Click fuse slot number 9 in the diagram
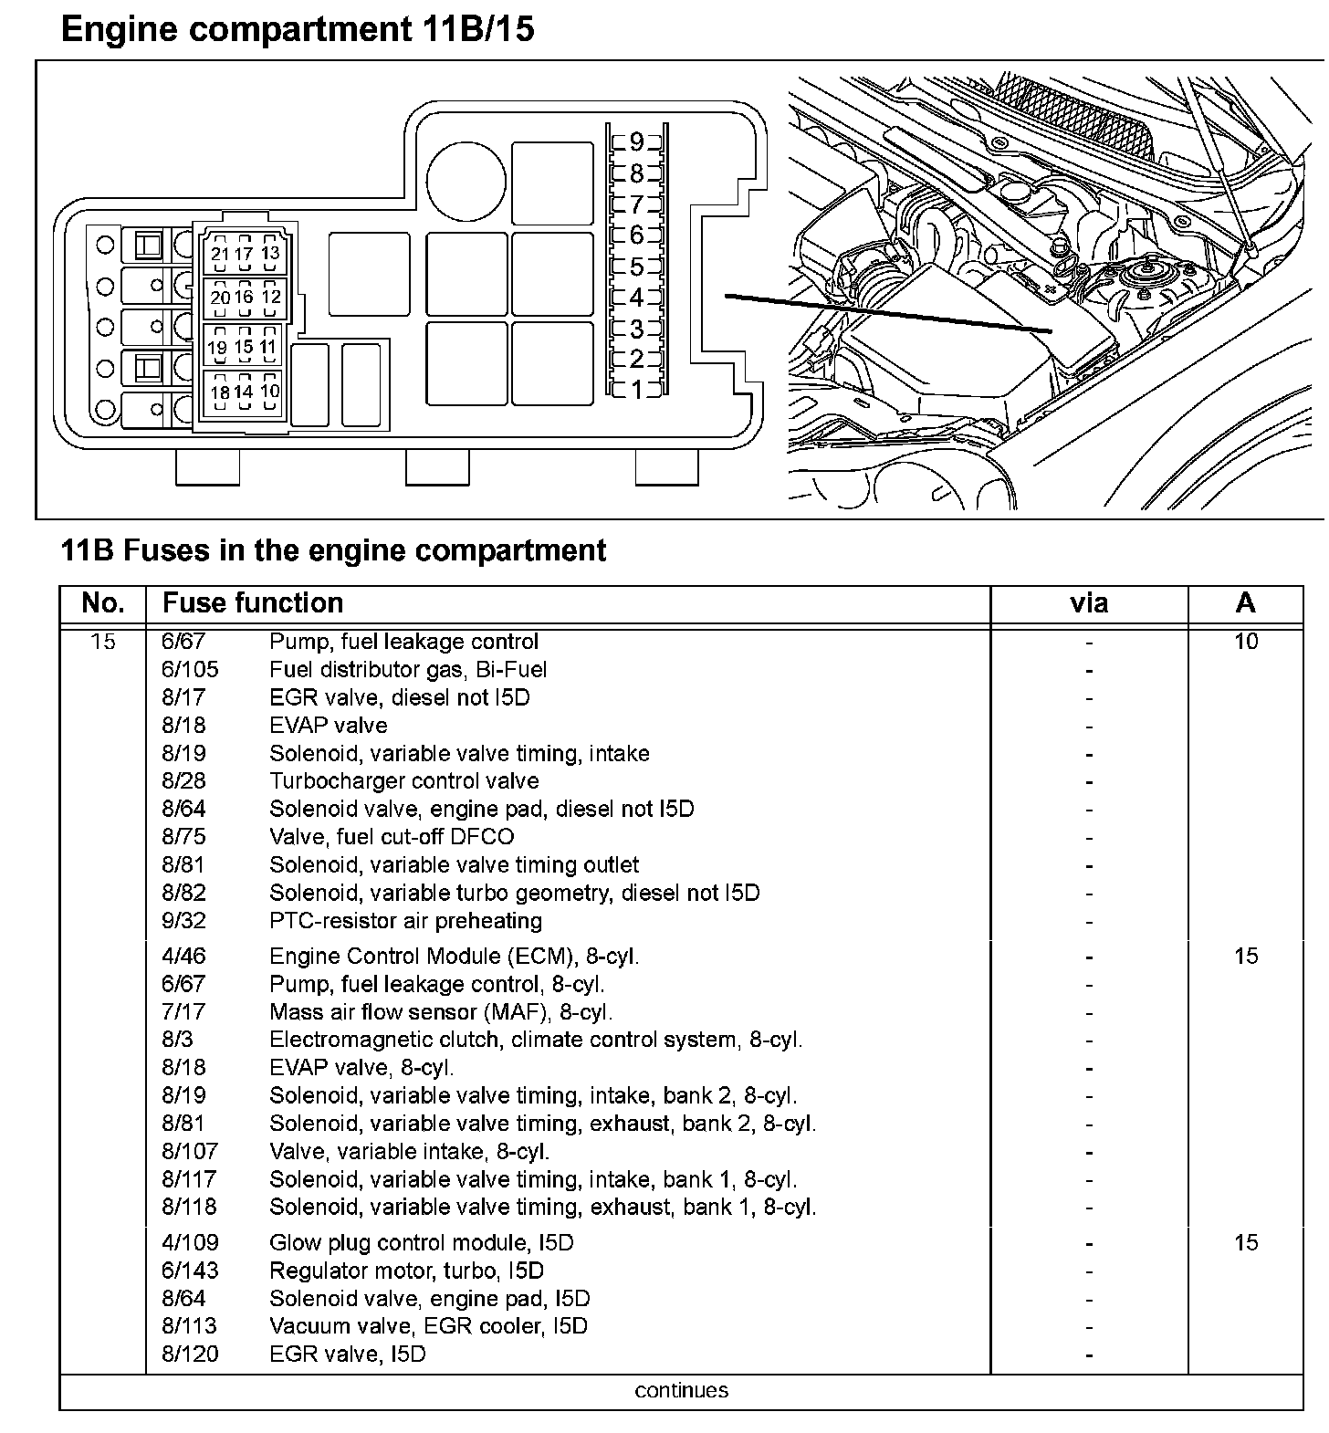coord(636,141)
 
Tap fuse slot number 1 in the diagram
coord(636,390)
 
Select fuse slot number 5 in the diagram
coord(636,267)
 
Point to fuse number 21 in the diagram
coord(220,255)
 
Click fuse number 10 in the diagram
coord(269,392)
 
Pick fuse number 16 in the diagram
coord(244,297)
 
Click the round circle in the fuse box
coord(466,181)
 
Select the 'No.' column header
coord(102,603)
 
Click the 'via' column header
coord(1088,603)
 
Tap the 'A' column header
coord(1245,603)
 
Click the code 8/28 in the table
coord(183,781)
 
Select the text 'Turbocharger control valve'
coord(403,781)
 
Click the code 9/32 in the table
coord(183,921)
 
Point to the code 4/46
coord(183,957)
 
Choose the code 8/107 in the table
coord(190,1152)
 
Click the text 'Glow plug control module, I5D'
coord(421,1243)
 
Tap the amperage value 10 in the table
coord(1245,642)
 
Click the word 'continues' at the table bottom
coord(681,1391)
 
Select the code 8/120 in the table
coord(190,1355)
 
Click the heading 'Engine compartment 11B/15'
coord(297,30)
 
